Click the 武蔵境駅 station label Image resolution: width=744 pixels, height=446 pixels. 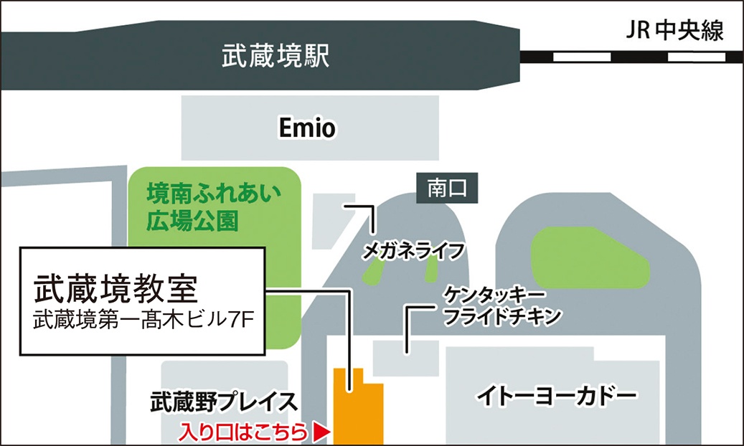tap(276, 56)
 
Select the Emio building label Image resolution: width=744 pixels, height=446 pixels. tap(307, 129)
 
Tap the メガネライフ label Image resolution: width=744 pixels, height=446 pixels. tap(410, 250)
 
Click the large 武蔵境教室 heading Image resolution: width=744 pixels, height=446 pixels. tap(116, 289)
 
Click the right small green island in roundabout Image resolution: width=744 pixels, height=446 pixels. tap(432, 268)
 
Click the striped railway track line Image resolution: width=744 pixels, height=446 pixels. tap(631, 56)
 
